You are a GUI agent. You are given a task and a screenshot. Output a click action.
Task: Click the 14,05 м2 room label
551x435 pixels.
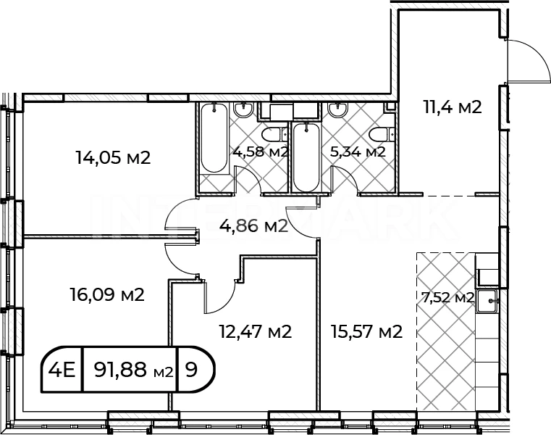[113, 157]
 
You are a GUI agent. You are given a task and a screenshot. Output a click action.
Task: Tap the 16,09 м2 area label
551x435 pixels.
[107, 294]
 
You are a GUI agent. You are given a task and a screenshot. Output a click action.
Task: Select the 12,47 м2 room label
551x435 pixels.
[256, 331]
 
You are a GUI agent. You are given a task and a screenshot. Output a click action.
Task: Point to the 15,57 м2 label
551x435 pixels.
[366, 331]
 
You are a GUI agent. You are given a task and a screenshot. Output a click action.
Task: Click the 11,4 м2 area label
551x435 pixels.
[453, 107]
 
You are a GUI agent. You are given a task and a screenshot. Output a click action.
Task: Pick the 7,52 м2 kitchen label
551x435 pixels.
[445, 298]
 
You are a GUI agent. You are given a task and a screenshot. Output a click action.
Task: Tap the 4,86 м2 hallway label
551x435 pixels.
[253, 226]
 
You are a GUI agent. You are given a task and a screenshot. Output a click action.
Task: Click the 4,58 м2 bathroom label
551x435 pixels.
[261, 152]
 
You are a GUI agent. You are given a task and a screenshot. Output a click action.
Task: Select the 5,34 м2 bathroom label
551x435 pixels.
[358, 152]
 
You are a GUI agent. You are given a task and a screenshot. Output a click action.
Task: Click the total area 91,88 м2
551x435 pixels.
[134, 370]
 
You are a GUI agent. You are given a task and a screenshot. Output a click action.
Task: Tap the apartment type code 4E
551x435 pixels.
[62, 370]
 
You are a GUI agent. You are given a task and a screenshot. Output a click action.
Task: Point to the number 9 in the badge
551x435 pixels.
[191, 370]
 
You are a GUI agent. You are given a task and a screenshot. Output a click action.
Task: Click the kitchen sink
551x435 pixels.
[487, 301]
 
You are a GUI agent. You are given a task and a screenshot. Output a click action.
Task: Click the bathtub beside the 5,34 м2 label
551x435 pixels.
[306, 157]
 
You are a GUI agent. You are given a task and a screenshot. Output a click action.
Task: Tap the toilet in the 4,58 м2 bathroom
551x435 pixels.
[275, 134]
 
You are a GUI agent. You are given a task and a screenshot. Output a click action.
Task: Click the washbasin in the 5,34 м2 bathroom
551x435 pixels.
[337, 109]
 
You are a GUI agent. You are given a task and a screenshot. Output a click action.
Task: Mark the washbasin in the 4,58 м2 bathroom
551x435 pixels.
[243, 109]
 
